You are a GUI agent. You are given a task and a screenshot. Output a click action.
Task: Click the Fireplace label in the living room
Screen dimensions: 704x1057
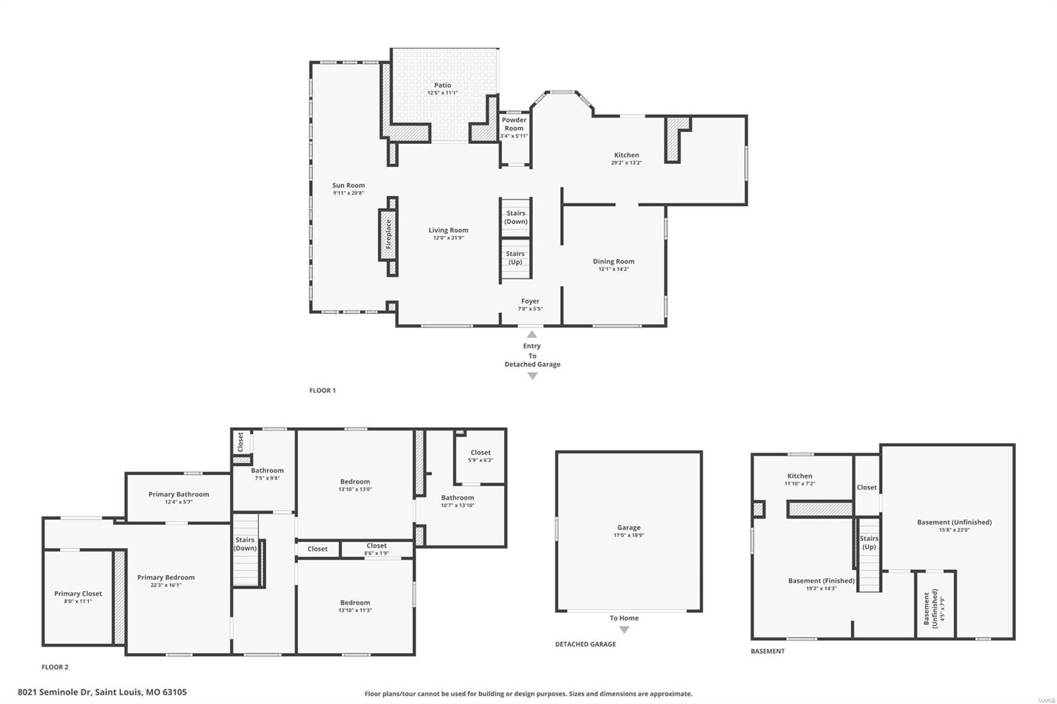tap(388, 234)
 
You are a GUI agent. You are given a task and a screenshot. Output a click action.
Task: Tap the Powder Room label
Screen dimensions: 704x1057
tap(514, 124)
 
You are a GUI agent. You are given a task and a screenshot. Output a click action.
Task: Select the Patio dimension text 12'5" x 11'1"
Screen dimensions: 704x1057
tap(443, 93)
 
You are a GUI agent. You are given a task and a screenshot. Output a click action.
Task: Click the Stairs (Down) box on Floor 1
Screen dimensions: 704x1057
tap(515, 217)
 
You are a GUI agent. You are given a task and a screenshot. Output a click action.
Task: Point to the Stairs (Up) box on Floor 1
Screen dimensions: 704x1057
tap(515, 258)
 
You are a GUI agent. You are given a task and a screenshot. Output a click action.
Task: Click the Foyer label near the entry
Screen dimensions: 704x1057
tap(530, 301)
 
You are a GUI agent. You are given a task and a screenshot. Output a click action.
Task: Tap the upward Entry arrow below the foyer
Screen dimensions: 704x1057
tap(532, 334)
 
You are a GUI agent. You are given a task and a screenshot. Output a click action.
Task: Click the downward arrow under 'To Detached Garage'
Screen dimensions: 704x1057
tap(532, 376)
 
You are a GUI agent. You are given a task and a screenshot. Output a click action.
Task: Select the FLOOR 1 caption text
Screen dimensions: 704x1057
tap(322, 390)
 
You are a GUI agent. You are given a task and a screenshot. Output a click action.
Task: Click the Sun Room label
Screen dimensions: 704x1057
tap(348, 186)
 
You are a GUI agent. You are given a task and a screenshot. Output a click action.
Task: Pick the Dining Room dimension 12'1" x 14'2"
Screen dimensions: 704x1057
tap(613, 269)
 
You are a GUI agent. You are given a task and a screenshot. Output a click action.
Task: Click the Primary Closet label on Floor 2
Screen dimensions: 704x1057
tap(78, 594)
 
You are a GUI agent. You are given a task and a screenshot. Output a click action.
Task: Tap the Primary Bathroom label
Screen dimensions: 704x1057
tap(178, 494)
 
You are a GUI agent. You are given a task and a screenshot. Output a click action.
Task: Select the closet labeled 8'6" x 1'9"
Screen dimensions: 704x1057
tap(377, 549)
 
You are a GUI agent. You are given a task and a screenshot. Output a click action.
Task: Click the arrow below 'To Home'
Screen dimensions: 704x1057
tap(624, 630)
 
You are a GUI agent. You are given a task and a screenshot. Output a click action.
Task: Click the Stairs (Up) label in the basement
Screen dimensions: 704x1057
tap(869, 542)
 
